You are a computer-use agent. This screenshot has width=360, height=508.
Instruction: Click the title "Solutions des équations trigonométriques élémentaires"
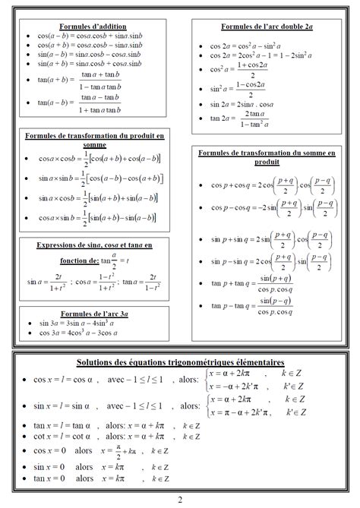[180, 361]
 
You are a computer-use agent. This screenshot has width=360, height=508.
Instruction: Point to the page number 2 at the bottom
[180, 499]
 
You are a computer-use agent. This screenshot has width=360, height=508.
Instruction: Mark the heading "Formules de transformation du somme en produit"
[267, 157]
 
